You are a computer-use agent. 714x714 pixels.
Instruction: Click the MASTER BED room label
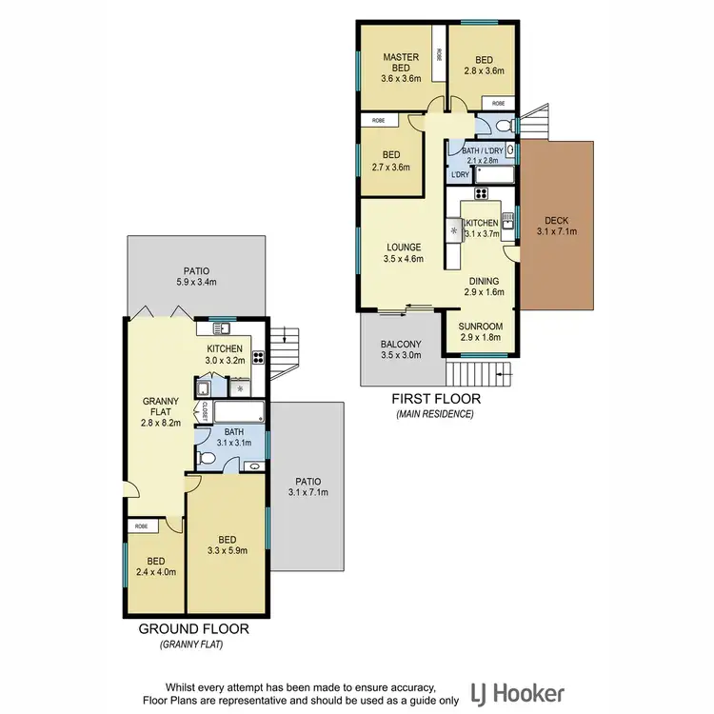pyautogui.click(x=401, y=63)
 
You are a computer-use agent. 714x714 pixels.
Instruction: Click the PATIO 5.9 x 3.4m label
pyautogui.click(x=197, y=276)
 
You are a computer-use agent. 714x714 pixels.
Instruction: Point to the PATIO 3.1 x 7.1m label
pyautogui.click(x=307, y=486)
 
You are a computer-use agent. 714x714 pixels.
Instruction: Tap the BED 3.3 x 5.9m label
pyautogui.click(x=227, y=543)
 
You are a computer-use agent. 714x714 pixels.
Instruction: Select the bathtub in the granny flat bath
pyautogui.click(x=239, y=413)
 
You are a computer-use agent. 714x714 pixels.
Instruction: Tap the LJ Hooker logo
pyautogui.click(x=518, y=692)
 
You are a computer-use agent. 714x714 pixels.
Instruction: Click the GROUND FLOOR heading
pyautogui.click(x=194, y=629)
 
